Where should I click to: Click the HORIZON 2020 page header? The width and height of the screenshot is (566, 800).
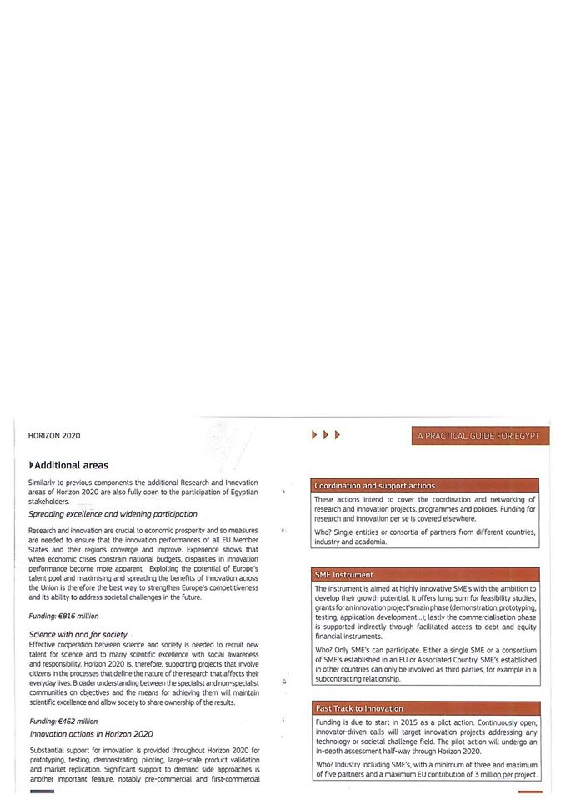54,435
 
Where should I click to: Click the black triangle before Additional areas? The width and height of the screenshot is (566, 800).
32,464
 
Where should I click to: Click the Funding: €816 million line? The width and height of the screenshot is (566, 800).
63,616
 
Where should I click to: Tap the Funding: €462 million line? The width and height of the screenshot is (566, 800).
63,721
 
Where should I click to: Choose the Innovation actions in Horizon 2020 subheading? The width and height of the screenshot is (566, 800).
91,734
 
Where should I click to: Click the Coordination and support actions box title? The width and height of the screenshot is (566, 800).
374,485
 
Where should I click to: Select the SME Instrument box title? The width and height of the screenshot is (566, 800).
343,575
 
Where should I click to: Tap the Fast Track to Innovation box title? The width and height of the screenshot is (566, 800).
359,708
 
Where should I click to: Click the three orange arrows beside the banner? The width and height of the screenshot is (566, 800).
325,435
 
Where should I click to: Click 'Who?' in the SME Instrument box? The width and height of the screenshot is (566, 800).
323,649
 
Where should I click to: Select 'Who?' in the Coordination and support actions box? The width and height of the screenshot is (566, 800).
323,532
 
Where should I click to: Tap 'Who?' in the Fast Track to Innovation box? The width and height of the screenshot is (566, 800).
323,764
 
